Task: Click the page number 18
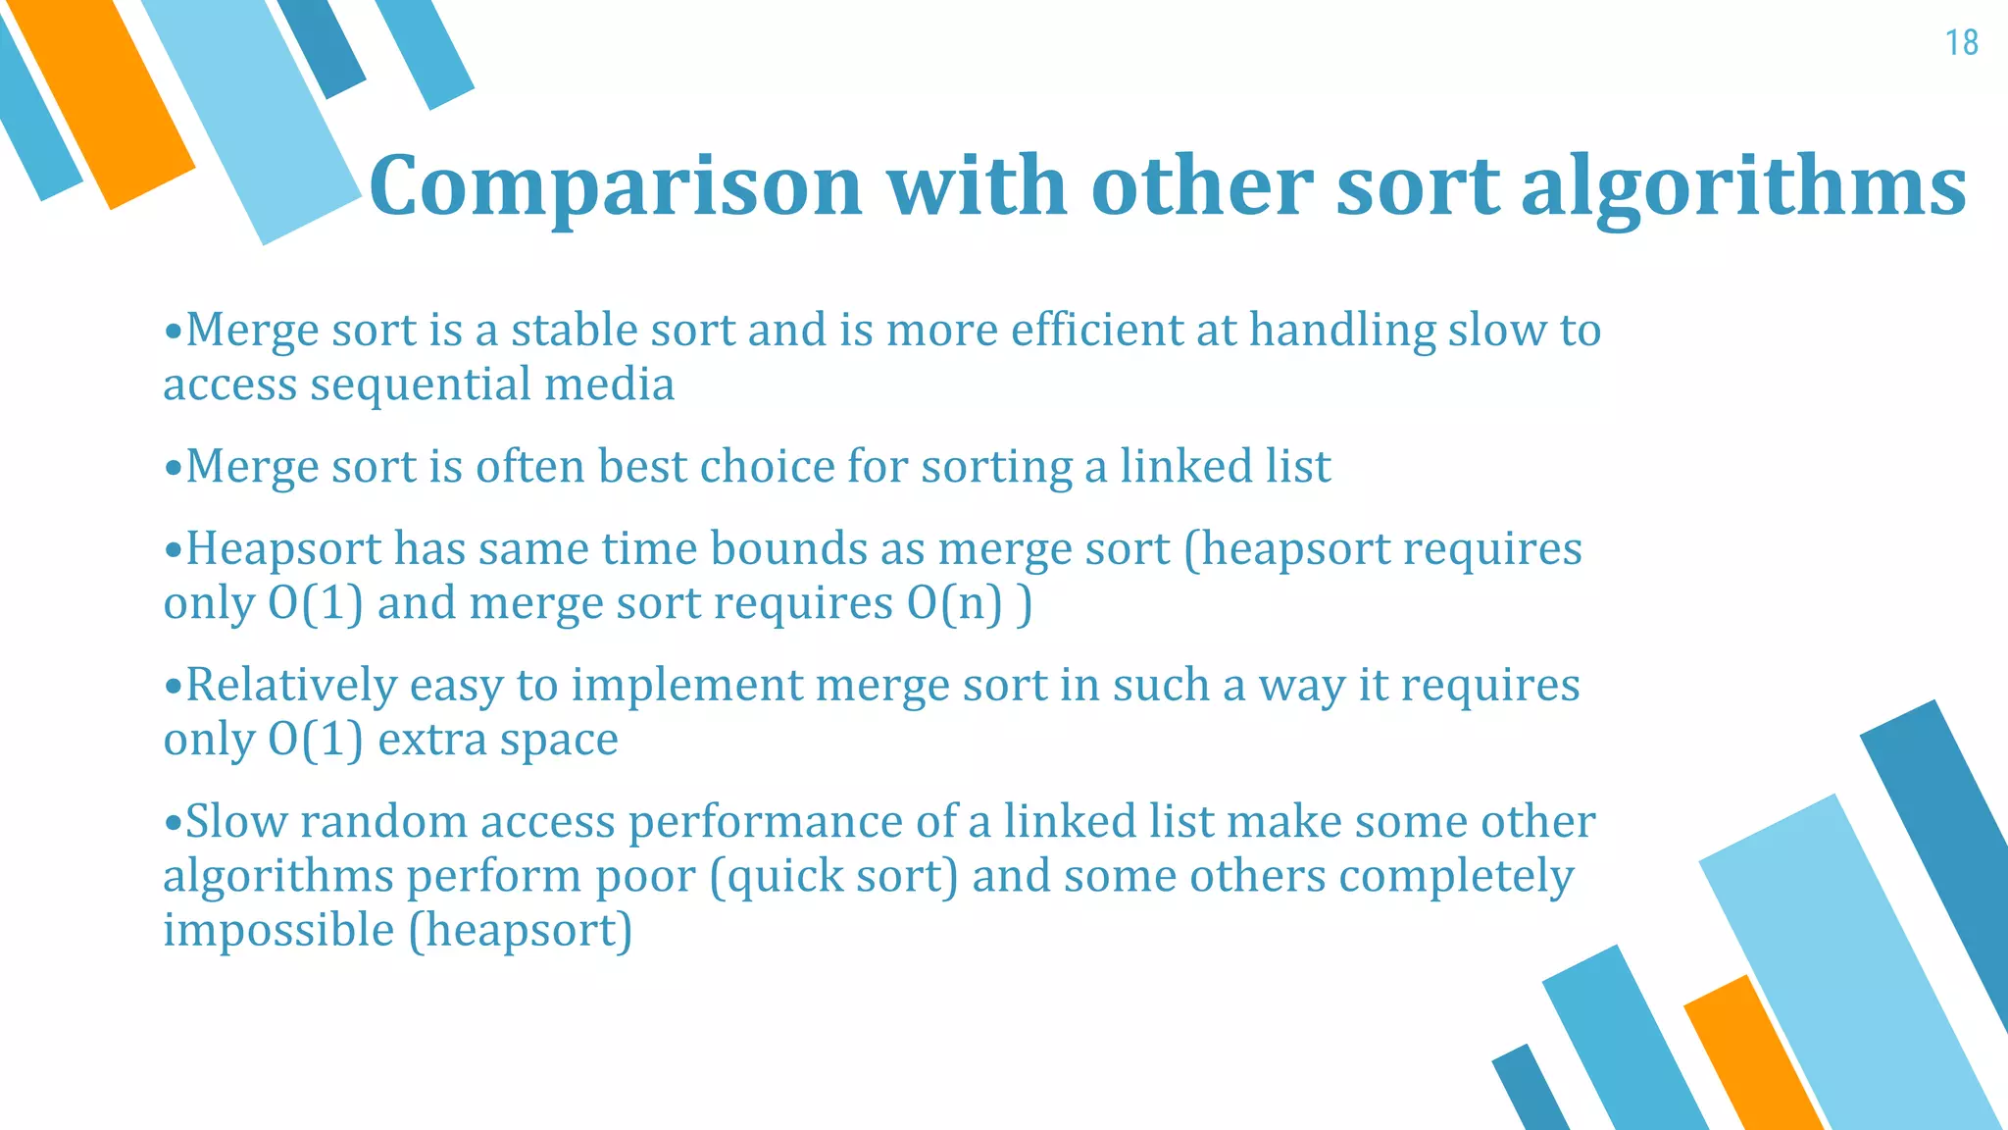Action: click(1961, 43)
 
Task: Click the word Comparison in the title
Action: click(616, 186)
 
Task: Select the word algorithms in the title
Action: click(1743, 186)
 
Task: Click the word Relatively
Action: click(290, 685)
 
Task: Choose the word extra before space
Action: click(431, 740)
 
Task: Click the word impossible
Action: click(278, 930)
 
